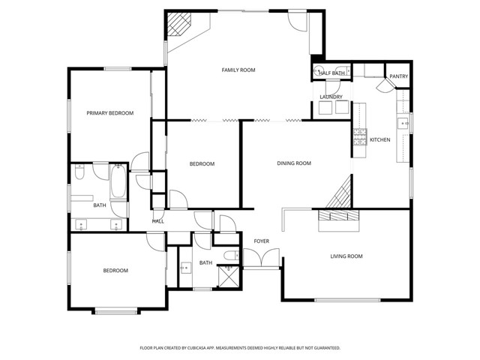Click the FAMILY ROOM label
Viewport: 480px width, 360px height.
(x=238, y=70)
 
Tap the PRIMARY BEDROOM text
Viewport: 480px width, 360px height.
(x=109, y=113)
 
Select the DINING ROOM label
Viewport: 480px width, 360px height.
(x=294, y=163)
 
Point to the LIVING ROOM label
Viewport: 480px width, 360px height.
(x=346, y=256)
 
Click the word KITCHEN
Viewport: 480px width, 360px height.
(x=380, y=140)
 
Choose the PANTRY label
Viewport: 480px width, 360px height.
(x=398, y=76)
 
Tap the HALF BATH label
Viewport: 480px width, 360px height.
(x=331, y=73)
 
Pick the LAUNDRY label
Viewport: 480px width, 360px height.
(x=331, y=97)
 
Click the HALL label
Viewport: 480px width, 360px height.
(x=158, y=221)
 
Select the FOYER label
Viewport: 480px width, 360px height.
(x=261, y=241)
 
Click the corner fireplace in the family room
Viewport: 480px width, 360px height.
(x=180, y=25)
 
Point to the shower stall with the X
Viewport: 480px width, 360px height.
(x=226, y=276)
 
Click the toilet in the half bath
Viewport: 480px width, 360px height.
(x=319, y=73)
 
